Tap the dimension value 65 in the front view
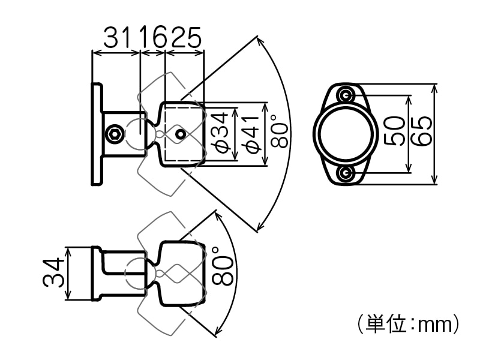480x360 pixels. (x=422, y=131)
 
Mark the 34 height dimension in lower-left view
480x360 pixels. (x=53, y=272)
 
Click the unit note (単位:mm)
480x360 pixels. (x=408, y=324)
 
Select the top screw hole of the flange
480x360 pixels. (x=345, y=94)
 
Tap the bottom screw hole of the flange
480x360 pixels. (x=345, y=173)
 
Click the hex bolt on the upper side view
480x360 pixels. (x=115, y=134)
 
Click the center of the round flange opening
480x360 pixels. (x=345, y=134)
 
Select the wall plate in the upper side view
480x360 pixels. (x=96, y=134)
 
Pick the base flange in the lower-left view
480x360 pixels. (x=95, y=273)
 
